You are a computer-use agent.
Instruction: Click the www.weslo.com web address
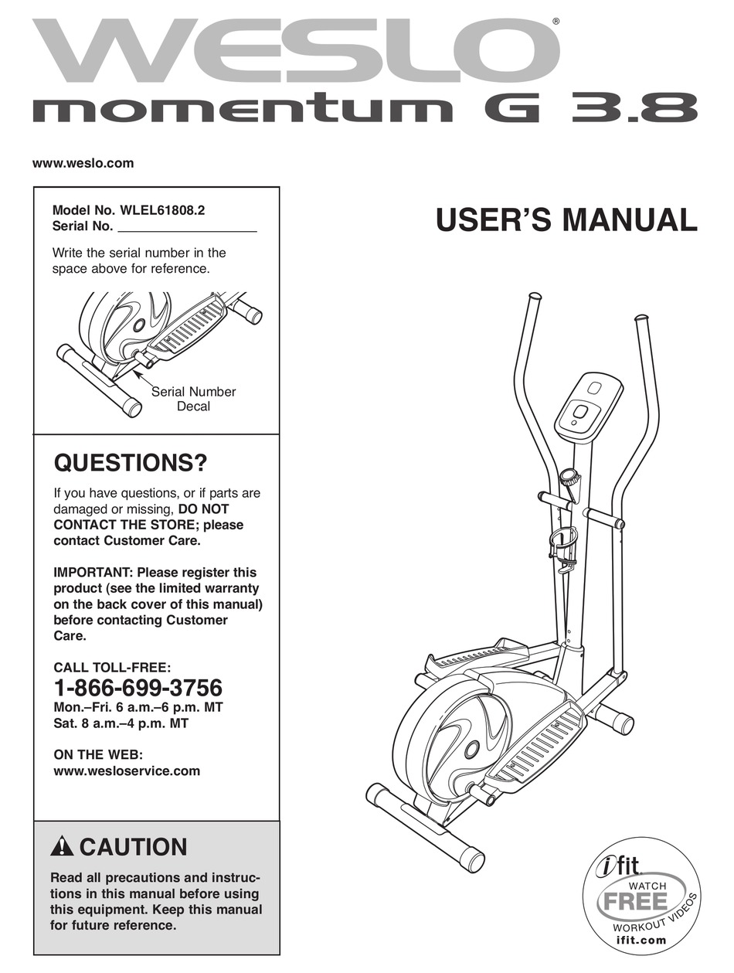(x=83, y=163)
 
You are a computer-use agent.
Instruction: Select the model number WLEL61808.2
(x=163, y=210)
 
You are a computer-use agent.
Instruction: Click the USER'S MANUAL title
(x=566, y=220)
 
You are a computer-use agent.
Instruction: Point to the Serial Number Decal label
(x=193, y=399)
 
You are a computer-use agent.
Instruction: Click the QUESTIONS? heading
(x=131, y=464)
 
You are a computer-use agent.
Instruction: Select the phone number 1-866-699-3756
(x=138, y=687)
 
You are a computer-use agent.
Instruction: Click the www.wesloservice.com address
(x=127, y=771)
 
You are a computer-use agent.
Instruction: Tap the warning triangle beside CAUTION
(x=62, y=847)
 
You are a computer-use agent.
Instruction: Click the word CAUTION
(x=133, y=847)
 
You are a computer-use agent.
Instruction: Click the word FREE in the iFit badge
(x=635, y=901)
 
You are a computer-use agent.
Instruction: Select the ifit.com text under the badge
(x=641, y=941)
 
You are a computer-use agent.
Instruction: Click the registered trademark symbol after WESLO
(x=556, y=22)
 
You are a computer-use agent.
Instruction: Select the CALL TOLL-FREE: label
(x=112, y=667)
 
